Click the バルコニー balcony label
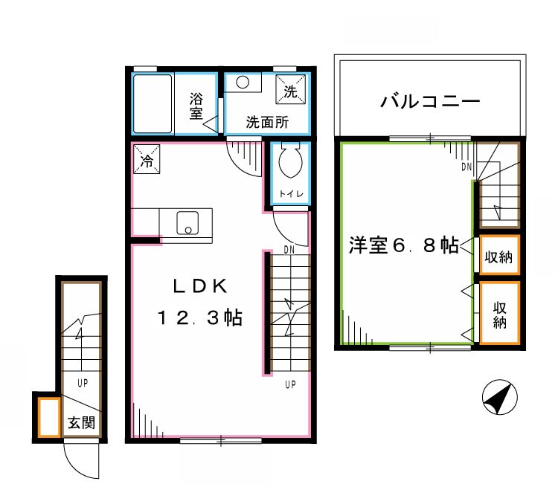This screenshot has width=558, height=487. [x=429, y=101]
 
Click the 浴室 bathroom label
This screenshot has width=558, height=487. [x=196, y=105]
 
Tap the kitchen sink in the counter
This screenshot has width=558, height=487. [x=187, y=222]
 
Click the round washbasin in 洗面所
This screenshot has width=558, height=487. [x=243, y=83]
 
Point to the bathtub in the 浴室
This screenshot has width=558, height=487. [x=153, y=103]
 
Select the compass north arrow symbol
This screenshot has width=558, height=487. [x=498, y=397]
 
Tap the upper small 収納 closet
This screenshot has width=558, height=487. [x=498, y=257]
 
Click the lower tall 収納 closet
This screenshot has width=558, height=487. [x=498, y=313]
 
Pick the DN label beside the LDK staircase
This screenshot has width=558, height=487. [x=289, y=251]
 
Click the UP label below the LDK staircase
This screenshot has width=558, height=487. [x=289, y=384]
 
